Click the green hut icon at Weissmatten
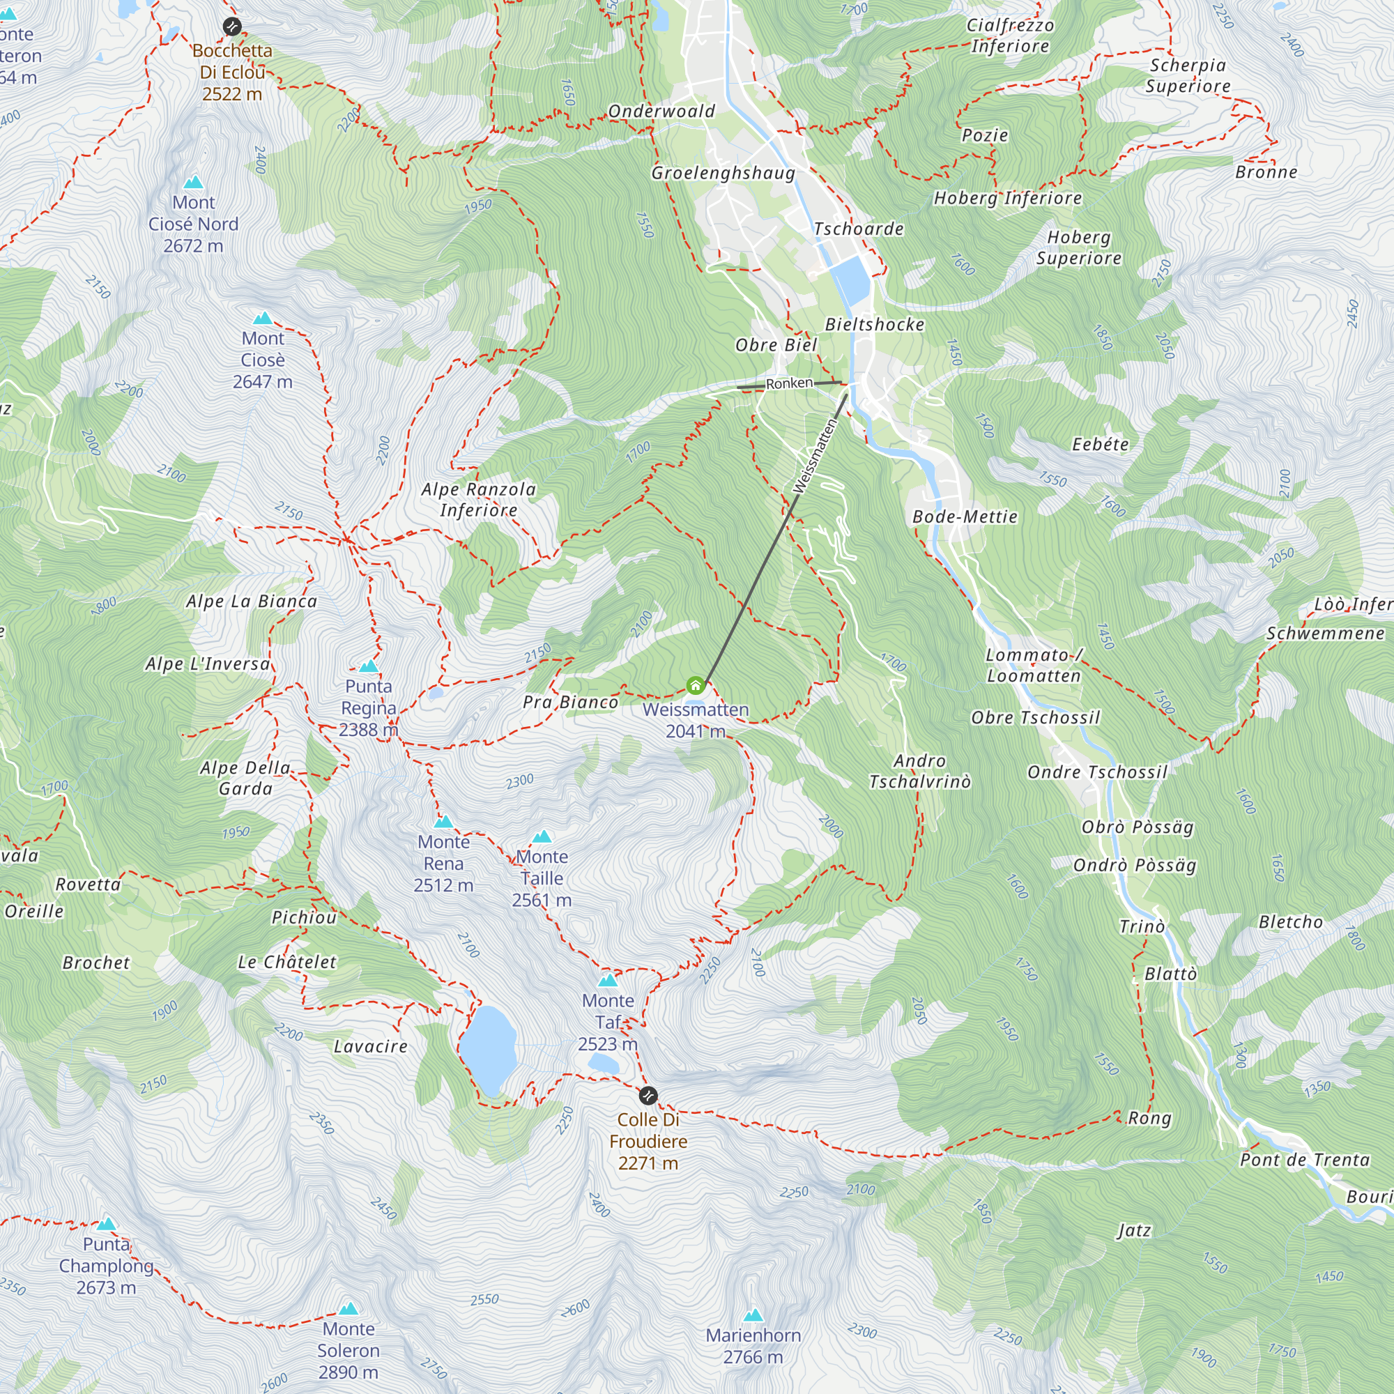[x=695, y=684]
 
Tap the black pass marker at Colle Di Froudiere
[x=648, y=1096]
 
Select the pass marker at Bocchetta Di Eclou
[x=231, y=26]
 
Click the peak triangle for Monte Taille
[x=542, y=837]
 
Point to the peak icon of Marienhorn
[x=753, y=1315]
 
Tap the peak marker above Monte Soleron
[x=348, y=1308]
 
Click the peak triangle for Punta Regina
[x=369, y=666]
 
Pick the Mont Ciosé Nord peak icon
[x=193, y=183]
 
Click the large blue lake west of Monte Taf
[x=489, y=1050]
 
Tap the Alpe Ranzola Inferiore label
[x=479, y=499]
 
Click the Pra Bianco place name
[x=570, y=702]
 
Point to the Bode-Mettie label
[x=965, y=516]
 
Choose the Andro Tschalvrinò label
[x=919, y=771]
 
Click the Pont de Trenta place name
[x=1305, y=1160]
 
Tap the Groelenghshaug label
[x=723, y=172]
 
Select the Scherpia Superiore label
[x=1188, y=75]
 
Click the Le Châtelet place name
[x=287, y=962]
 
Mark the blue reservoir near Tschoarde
[x=852, y=279]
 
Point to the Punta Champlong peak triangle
[x=107, y=1224]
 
